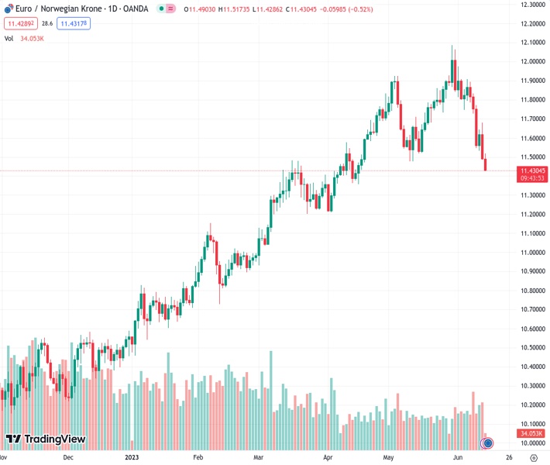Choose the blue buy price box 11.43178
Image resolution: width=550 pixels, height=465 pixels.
point(74,24)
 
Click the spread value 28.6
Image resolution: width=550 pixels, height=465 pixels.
point(46,24)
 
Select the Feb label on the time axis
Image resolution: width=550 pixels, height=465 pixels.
point(198,457)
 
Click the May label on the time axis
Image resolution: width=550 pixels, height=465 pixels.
point(389,457)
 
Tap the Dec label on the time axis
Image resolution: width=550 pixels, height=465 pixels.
point(69,457)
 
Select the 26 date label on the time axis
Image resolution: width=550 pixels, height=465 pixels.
point(507,457)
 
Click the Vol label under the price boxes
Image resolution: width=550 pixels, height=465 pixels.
point(9,38)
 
